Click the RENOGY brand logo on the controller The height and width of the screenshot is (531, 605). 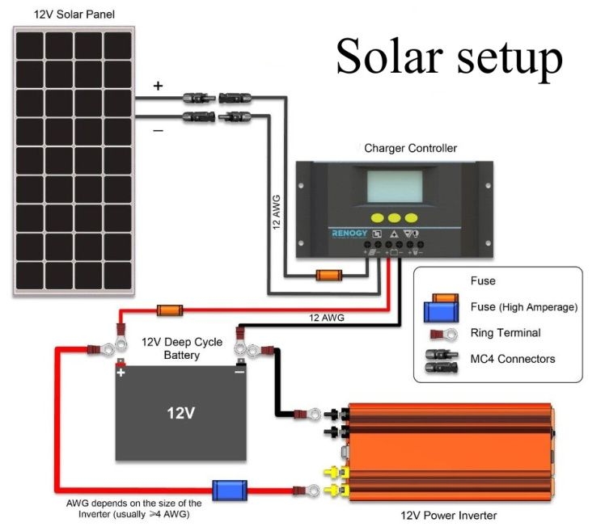click(350, 233)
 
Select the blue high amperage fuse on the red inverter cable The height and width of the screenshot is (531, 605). click(230, 490)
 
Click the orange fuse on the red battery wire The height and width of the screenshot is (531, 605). click(170, 310)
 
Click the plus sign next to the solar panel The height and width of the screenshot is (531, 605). click(158, 86)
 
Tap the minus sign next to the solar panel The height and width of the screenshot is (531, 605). click(158, 129)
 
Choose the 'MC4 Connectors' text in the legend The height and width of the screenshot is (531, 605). click(513, 358)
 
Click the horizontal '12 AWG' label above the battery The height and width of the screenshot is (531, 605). click(327, 318)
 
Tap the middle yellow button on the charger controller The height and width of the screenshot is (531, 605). click(393, 217)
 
